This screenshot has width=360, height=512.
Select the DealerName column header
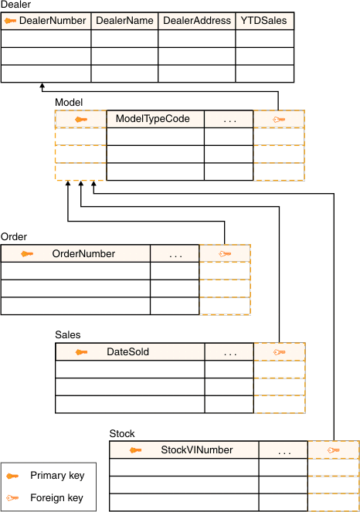coord(124,21)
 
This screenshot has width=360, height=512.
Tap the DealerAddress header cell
coord(197,21)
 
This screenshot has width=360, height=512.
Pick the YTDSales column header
coord(263,21)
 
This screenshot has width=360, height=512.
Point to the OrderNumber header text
coord(83,254)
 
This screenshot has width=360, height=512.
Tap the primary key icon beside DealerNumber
coord(10,21)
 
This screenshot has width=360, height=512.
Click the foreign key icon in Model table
coord(279,120)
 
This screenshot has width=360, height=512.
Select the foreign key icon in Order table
coord(225,254)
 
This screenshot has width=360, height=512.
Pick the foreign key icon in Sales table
coord(279,352)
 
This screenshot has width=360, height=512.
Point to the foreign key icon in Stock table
coord(334,450)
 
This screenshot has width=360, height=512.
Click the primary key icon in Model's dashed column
coord(81,120)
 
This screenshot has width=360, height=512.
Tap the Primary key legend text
coord(57,476)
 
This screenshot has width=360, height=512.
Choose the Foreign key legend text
coord(57,498)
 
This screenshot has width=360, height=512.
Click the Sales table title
coord(68,334)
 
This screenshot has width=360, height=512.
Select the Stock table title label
coord(122,434)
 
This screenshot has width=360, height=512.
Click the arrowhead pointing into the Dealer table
coord(42,85)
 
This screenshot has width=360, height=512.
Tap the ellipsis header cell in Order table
coord(175,254)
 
